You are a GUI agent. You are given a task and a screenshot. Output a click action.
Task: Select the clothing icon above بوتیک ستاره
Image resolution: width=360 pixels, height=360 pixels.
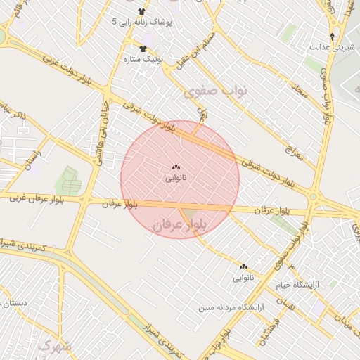[143, 49]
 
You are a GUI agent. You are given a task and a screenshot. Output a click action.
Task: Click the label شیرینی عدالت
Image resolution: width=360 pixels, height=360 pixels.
[326, 46]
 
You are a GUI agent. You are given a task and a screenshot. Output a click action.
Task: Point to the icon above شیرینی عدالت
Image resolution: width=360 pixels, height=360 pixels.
[332, 35]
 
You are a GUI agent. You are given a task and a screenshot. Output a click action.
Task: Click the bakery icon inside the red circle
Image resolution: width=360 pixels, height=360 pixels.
[175, 167]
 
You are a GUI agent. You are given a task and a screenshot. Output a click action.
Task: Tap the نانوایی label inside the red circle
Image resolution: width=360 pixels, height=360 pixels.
[175, 179]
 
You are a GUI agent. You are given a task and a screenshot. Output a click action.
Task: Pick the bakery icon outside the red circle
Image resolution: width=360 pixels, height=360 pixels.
[244, 267]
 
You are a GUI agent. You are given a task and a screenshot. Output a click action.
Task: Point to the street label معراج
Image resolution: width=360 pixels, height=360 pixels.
[295, 152]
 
